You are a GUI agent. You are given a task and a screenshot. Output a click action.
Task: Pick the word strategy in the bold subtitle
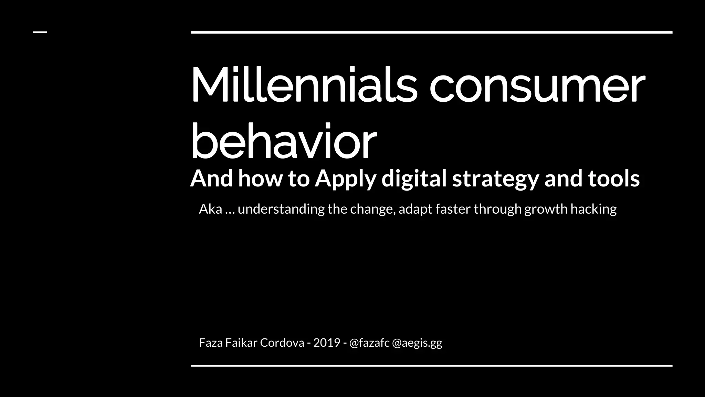click(495, 179)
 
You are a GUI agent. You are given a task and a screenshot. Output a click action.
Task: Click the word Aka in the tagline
click(210, 209)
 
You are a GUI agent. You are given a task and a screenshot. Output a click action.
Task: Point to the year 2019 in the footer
click(327, 343)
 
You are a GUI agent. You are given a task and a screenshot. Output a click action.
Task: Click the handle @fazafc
click(369, 343)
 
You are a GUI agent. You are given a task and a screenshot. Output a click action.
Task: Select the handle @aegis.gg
click(417, 343)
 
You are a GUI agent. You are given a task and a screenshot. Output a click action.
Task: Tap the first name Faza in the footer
click(211, 343)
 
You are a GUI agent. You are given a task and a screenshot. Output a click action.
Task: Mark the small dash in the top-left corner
click(40, 32)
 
